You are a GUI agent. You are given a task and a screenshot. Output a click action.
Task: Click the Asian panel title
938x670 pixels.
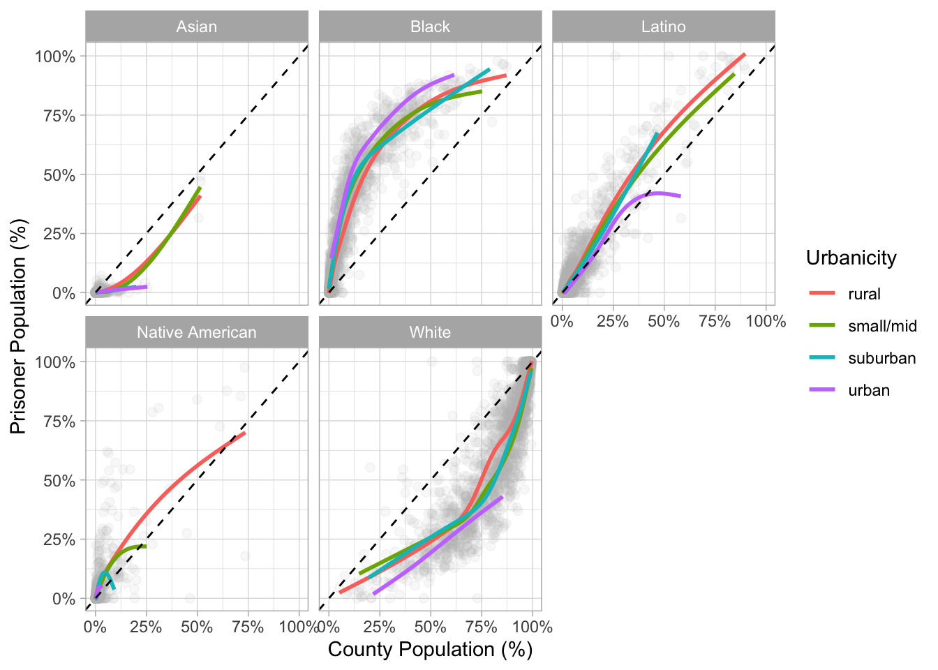point(197,27)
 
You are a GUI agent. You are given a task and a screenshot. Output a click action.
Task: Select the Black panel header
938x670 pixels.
point(430,27)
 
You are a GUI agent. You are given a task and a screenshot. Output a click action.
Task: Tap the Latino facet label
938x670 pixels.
point(663,27)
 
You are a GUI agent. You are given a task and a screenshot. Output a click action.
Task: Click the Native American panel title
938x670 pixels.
point(197,333)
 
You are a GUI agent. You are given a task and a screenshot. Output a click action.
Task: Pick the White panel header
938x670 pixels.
point(430,333)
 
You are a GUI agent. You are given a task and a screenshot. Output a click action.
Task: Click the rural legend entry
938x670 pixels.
point(864,295)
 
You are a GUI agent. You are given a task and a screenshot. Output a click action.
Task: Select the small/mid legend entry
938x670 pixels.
point(882,327)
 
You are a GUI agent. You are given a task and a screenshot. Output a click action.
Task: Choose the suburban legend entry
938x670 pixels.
point(881,359)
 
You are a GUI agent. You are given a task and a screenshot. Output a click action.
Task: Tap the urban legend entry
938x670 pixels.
point(869,391)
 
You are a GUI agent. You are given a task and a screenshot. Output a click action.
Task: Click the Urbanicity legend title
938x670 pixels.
point(851,258)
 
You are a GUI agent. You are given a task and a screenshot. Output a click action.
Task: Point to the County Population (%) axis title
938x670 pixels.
point(430,650)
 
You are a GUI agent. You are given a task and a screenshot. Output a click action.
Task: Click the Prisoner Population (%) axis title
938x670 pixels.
point(19,327)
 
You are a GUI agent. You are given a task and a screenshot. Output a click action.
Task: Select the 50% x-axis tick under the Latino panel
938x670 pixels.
point(663,322)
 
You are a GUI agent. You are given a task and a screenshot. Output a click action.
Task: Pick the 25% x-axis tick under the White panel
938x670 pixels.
point(380,627)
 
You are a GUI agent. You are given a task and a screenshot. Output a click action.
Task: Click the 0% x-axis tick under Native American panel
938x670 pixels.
point(95,627)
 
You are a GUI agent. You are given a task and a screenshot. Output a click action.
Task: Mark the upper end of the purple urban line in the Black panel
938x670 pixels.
point(454,75)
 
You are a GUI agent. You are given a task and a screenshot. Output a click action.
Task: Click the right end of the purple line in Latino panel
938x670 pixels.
point(680,196)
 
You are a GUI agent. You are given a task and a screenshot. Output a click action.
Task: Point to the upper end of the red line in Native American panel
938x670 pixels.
point(245,433)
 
